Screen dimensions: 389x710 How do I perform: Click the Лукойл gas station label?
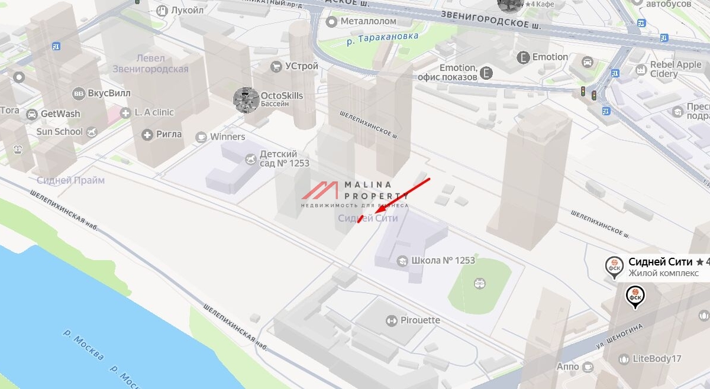[x=187, y=10]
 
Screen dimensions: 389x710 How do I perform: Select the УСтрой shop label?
[x=301, y=66]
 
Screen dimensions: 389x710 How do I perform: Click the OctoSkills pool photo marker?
[x=246, y=99]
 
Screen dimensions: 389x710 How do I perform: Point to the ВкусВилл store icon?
[x=79, y=94]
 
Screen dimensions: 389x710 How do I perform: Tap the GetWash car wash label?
[x=60, y=114]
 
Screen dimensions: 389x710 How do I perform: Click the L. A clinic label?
[x=154, y=112]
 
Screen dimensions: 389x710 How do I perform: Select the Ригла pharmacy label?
[x=169, y=134]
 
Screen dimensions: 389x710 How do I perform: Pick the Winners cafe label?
[x=227, y=137]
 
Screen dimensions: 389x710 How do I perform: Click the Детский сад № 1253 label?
[x=284, y=158]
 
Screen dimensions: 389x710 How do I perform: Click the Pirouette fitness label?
[x=419, y=320]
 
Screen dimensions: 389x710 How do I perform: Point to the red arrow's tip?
[x=377, y=211]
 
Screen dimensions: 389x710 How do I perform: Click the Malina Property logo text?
[x=376, y=190]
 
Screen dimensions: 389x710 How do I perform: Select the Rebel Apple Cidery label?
[x=676, y=69]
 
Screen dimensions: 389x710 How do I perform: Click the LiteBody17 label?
[x=657, y=358]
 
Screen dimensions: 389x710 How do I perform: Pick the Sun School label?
[x=59, y=131]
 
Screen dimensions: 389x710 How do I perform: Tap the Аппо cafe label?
[x=568, y=367]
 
